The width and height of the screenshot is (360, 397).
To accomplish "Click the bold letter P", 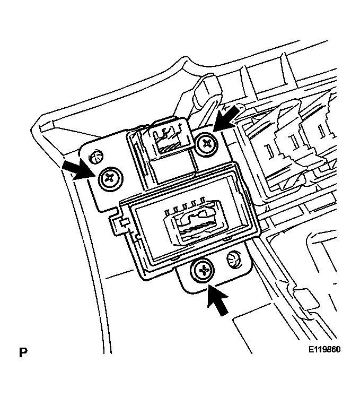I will (x=23, y=352).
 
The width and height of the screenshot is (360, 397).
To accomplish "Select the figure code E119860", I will (x=324, y=351).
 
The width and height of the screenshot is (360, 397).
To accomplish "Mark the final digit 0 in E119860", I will (x=337, y=351).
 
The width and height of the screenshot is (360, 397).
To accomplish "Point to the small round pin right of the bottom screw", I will (x=232, y=259).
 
